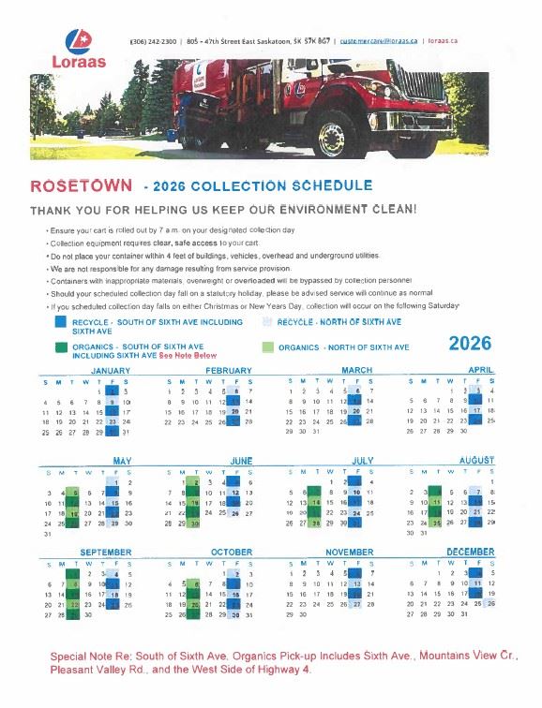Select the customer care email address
click(x=378, y=41)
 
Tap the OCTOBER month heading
click(x=232, y=553)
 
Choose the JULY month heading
click(x=362, y=462)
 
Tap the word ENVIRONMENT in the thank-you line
click(x=316, y=210)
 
